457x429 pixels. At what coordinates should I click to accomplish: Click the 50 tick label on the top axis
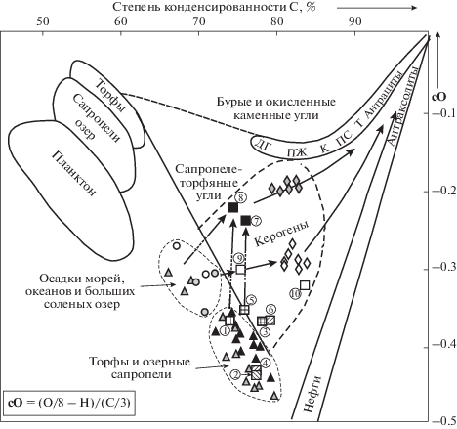[43, 21]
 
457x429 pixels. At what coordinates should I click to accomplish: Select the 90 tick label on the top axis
[355, 21]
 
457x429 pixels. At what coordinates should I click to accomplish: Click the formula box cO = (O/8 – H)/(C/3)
[69, 403]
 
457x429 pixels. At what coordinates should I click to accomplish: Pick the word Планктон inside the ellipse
[74, 174]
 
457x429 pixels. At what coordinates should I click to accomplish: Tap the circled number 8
[240, 197]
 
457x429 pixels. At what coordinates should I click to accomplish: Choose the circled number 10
[295, 294]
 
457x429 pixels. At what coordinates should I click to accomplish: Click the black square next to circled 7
[246, 221]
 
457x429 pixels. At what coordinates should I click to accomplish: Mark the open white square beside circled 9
[240, 270]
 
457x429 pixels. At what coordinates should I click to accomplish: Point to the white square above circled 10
[305, 285]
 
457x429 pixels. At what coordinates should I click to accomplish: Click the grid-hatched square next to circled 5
[244, 309]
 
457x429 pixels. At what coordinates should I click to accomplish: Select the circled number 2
[235, 374]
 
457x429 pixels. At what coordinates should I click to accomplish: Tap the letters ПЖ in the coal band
[297, 151]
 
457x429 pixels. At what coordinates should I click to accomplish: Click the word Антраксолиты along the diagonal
[400, 106]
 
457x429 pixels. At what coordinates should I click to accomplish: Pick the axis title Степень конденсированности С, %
[214, 7]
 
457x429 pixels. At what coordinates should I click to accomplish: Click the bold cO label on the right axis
[439, 97]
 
